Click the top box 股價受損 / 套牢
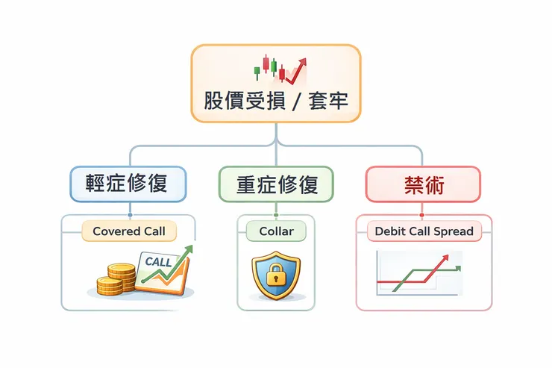point(276,83)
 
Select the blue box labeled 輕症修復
point(128,184)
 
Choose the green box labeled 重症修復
point(277,184)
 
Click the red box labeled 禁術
point(424,184)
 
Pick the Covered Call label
point(129,231)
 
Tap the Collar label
point(276,231)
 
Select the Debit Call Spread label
point(424,231)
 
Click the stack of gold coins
point(117,278)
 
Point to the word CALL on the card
point(157,262)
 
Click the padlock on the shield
point(276,274)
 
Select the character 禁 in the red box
point(413,184)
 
